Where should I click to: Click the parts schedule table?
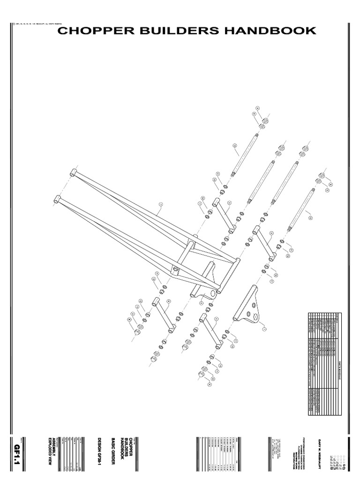[x=322, y=363]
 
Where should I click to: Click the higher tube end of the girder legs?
[x=74, y=172]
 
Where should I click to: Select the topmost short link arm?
[x=224, y=215]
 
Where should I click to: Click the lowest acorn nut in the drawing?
[x=201, y=374]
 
